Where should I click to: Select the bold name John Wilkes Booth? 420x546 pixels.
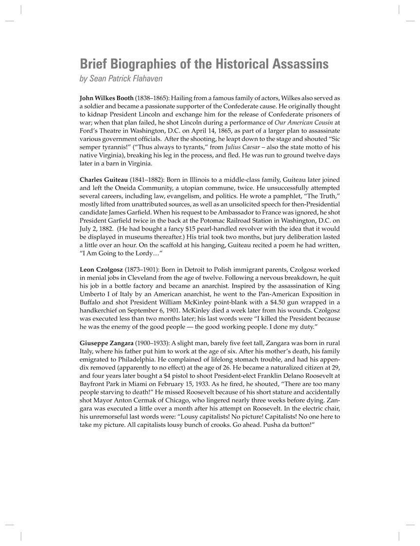[x=106, y=98]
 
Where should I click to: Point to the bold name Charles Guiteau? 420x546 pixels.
[x=104, y=179]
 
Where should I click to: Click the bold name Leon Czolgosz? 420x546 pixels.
[x=101, y=269]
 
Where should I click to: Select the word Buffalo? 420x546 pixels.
[x=90, y=302]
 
